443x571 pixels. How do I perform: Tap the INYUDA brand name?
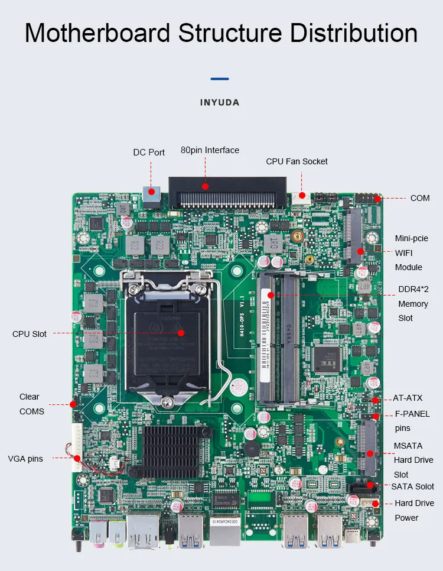coord(220,103)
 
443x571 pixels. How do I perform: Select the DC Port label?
coord(149,153)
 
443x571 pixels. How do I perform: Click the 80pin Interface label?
coord(210,150)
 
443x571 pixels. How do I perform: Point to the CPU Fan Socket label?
coord(297,161)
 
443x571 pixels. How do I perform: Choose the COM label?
coord(420,198)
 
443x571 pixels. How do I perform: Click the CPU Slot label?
coord(30,334)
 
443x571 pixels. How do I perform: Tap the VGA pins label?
coord(25,459)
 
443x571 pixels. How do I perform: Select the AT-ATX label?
coord(408,398)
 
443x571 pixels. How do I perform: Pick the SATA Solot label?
coord(413,486)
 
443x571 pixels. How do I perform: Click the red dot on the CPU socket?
coord(181,333)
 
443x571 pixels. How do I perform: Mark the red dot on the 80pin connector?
coord(206,186)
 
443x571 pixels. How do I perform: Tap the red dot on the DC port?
coord(152,191)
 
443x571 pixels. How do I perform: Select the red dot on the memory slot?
coord(271,294)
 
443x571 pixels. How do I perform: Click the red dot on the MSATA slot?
coord(370,454)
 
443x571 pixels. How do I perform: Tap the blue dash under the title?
coord(220,79)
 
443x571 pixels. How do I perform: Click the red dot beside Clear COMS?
coord(73,404)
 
